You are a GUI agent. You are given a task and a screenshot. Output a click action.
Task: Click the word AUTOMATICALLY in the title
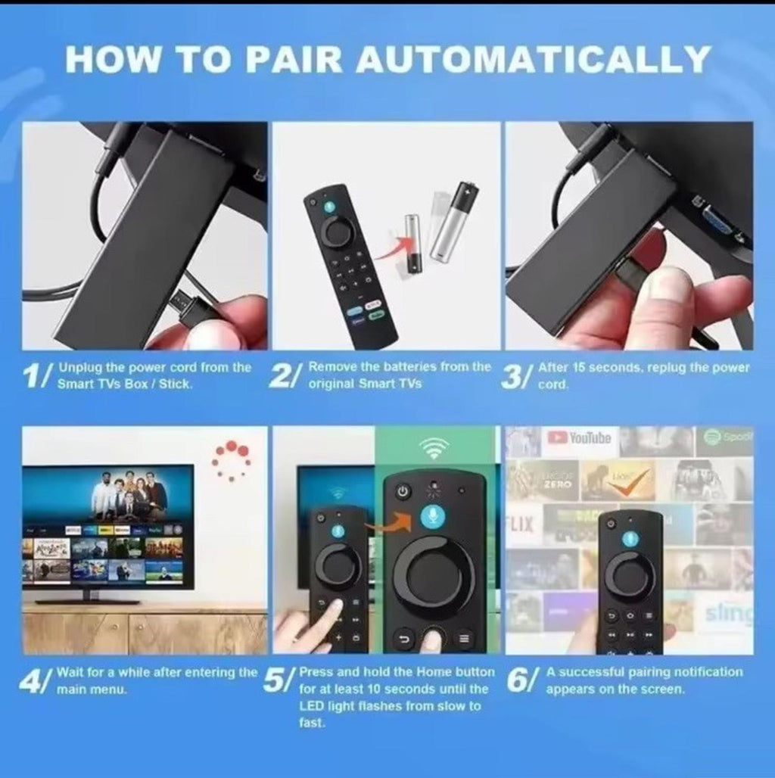534,59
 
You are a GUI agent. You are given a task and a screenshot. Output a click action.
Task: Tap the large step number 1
34,376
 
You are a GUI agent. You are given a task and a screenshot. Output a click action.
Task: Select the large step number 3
512,376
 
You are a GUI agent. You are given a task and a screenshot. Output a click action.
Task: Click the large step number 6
519,681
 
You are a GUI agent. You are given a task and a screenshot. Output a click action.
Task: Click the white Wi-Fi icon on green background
437,448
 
